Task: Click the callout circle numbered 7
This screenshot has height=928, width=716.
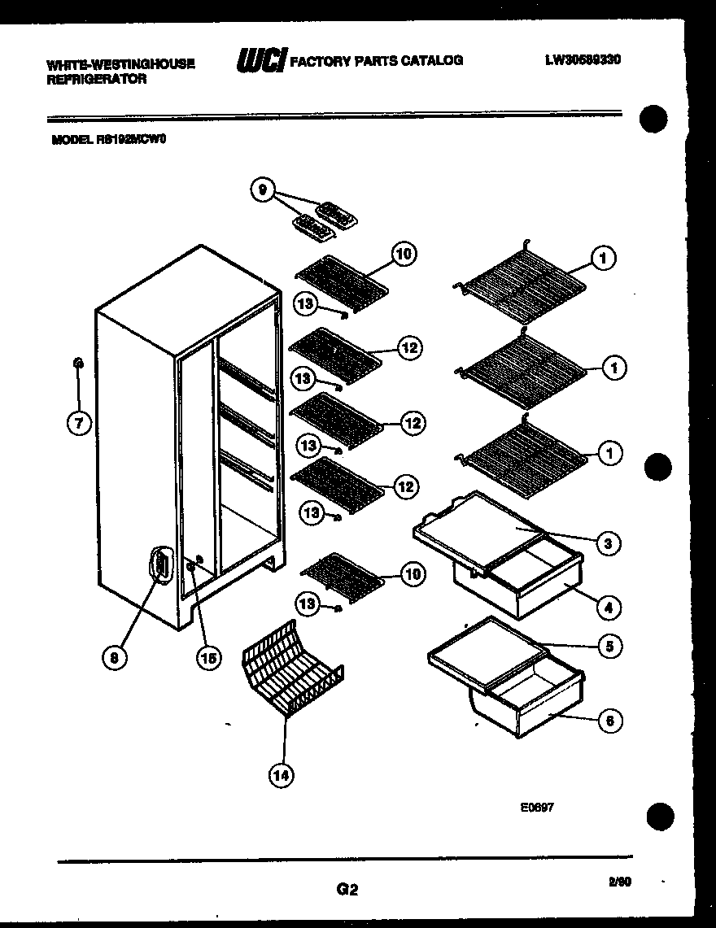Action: coord(79,423)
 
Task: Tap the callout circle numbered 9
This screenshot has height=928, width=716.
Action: coord(262,191)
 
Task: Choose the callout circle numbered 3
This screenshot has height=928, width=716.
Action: coord(607,543)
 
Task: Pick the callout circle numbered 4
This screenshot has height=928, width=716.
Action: coord(608,607)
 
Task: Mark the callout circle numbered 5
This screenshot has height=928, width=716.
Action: coord(608,647)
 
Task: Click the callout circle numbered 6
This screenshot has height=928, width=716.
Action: coord(608,720)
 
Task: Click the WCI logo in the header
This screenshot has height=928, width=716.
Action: coord(260,61)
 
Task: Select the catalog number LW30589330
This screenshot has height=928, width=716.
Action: coord(583,59)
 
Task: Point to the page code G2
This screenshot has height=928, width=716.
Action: coord(347,890)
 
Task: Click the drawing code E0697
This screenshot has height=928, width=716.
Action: coord(538,808)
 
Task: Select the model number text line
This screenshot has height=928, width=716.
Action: coord(109,139)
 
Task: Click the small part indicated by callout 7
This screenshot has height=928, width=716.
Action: coord(77,363)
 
